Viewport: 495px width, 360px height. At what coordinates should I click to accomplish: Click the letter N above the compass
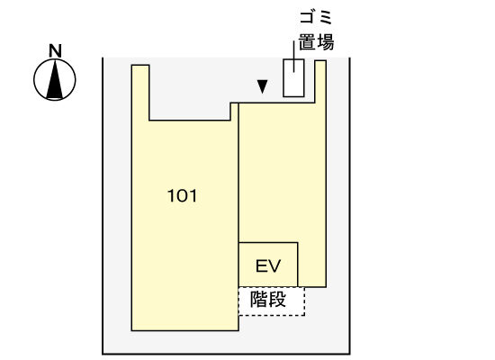tap(55, 50)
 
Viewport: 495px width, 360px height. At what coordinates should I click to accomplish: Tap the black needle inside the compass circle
tap(55, 79)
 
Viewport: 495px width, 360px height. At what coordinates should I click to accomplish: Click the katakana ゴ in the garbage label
tap(307, 17)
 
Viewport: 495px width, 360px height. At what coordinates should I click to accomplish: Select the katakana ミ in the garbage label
tap(325, 17)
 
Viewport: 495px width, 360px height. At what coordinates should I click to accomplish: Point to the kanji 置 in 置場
tap(307, 41)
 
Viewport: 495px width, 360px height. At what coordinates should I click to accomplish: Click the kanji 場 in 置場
tap(325, 41)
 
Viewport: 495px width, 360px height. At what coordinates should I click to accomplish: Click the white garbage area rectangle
tap(293, 78)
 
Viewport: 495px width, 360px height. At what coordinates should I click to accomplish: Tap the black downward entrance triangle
tap(262, 86)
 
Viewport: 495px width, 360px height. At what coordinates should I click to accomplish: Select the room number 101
tap(182, 196)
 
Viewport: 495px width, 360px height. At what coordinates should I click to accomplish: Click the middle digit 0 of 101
tap(182, 196)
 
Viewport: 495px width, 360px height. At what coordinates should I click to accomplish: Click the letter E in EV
tap(261, 265)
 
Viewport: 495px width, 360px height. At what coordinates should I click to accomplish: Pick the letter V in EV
tap(274, 265)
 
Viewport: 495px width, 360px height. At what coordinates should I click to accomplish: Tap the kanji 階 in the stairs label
tap(259, 299)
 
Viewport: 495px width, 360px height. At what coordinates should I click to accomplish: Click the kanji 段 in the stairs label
tap(277, 299)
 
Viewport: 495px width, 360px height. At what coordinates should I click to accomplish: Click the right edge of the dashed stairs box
tap(304, 301)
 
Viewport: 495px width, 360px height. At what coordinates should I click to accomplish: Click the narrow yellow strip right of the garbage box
tap(320, 82)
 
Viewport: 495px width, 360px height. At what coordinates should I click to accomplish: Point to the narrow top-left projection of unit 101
tap(140, 92)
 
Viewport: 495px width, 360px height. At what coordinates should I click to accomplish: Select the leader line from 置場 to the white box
tap(294, 57)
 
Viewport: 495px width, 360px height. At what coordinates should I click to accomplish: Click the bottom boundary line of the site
tap(226, 354)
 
